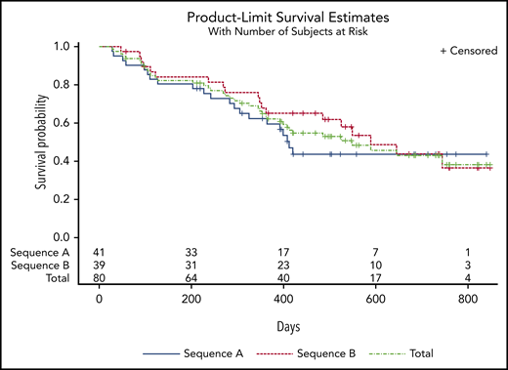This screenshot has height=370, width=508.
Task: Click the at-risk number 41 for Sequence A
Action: (x=99, y=253)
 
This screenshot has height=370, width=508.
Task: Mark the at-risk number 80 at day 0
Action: (x=99, y=278)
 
